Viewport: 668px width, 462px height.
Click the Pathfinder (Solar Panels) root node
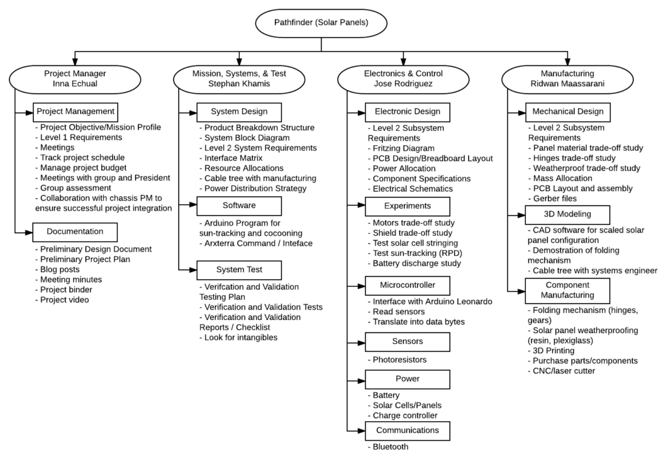point(321,23)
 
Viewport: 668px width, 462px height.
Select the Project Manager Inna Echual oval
point(75,79)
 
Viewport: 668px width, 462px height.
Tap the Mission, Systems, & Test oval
point(239,79)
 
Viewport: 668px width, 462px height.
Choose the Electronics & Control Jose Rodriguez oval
point(403,79)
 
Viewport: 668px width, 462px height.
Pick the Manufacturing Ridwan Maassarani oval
point(567,79)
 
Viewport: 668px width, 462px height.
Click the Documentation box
point(75,232)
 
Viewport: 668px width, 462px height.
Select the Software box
point(239,206)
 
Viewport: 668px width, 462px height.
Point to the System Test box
point(239,270)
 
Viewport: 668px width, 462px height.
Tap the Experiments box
point(407,207)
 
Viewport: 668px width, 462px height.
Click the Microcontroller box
point(407,286)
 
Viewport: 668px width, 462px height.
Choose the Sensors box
point(407,342)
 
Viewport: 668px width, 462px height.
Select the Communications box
point(407,431)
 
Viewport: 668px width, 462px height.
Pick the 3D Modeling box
point(567,215)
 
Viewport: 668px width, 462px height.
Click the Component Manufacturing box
point(567,291)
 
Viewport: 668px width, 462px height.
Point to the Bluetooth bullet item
point(388,447)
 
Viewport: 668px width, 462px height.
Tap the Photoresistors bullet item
point(397,360)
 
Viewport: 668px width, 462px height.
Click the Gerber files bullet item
point(552,199)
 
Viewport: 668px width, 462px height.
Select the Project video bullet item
point(62,300)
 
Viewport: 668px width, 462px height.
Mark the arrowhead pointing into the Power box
point(361,380)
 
